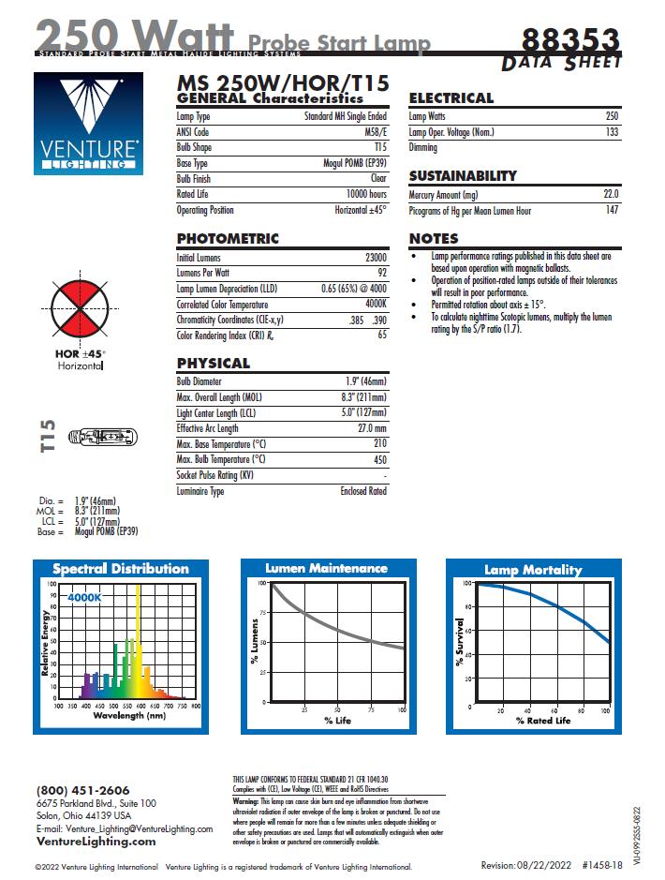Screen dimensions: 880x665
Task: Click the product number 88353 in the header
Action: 570,40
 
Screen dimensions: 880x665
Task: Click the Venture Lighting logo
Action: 89,124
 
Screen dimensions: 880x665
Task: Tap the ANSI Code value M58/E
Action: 375,132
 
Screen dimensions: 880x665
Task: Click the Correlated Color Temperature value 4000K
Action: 376,305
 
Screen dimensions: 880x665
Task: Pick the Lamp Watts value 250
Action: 611,116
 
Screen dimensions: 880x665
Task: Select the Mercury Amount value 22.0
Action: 610,195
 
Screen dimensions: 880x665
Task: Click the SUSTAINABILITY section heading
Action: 463,176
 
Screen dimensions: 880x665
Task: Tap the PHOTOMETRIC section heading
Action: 228,239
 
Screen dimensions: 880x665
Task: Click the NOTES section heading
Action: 434,239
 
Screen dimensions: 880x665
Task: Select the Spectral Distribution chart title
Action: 120,569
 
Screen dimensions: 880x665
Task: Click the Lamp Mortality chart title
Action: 532,570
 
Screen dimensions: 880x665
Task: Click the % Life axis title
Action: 337,720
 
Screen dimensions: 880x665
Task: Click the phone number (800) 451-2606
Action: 83,791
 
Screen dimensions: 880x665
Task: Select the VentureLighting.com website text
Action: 96,841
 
